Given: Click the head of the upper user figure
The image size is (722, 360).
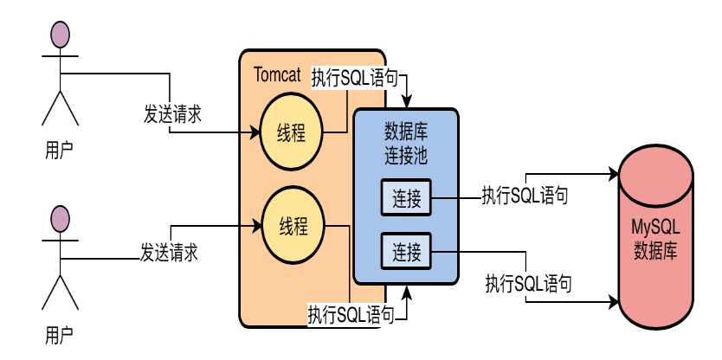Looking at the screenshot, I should [x=59, y=34].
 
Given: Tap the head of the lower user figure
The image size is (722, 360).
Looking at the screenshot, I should [x=59, y=217].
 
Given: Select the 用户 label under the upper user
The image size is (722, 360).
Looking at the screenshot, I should [x=59, y=150].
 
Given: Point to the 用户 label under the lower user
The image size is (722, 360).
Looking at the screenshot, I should [x=59, y=333].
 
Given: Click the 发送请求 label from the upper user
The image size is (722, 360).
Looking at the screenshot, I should [x=173, y=113].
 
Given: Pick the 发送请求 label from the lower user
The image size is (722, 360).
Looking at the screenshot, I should [x=170, y=253].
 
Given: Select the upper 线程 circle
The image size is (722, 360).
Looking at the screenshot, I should [x=293, y=132].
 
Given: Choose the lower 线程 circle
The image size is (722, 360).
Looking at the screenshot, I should [x=293, y=227].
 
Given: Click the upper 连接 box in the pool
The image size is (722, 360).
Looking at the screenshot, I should [x=406, y=200].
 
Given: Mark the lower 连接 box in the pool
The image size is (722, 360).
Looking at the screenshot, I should [x=406, y=252].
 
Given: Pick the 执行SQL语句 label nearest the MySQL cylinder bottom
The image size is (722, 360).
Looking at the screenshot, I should [x=527, y=282].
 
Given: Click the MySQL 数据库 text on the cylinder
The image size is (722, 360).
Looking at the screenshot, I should [x=654, y=239].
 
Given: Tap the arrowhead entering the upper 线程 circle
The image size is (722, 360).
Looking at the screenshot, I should [x=256, y=132].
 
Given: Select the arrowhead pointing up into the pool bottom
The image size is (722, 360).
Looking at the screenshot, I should [x=406, y=290].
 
